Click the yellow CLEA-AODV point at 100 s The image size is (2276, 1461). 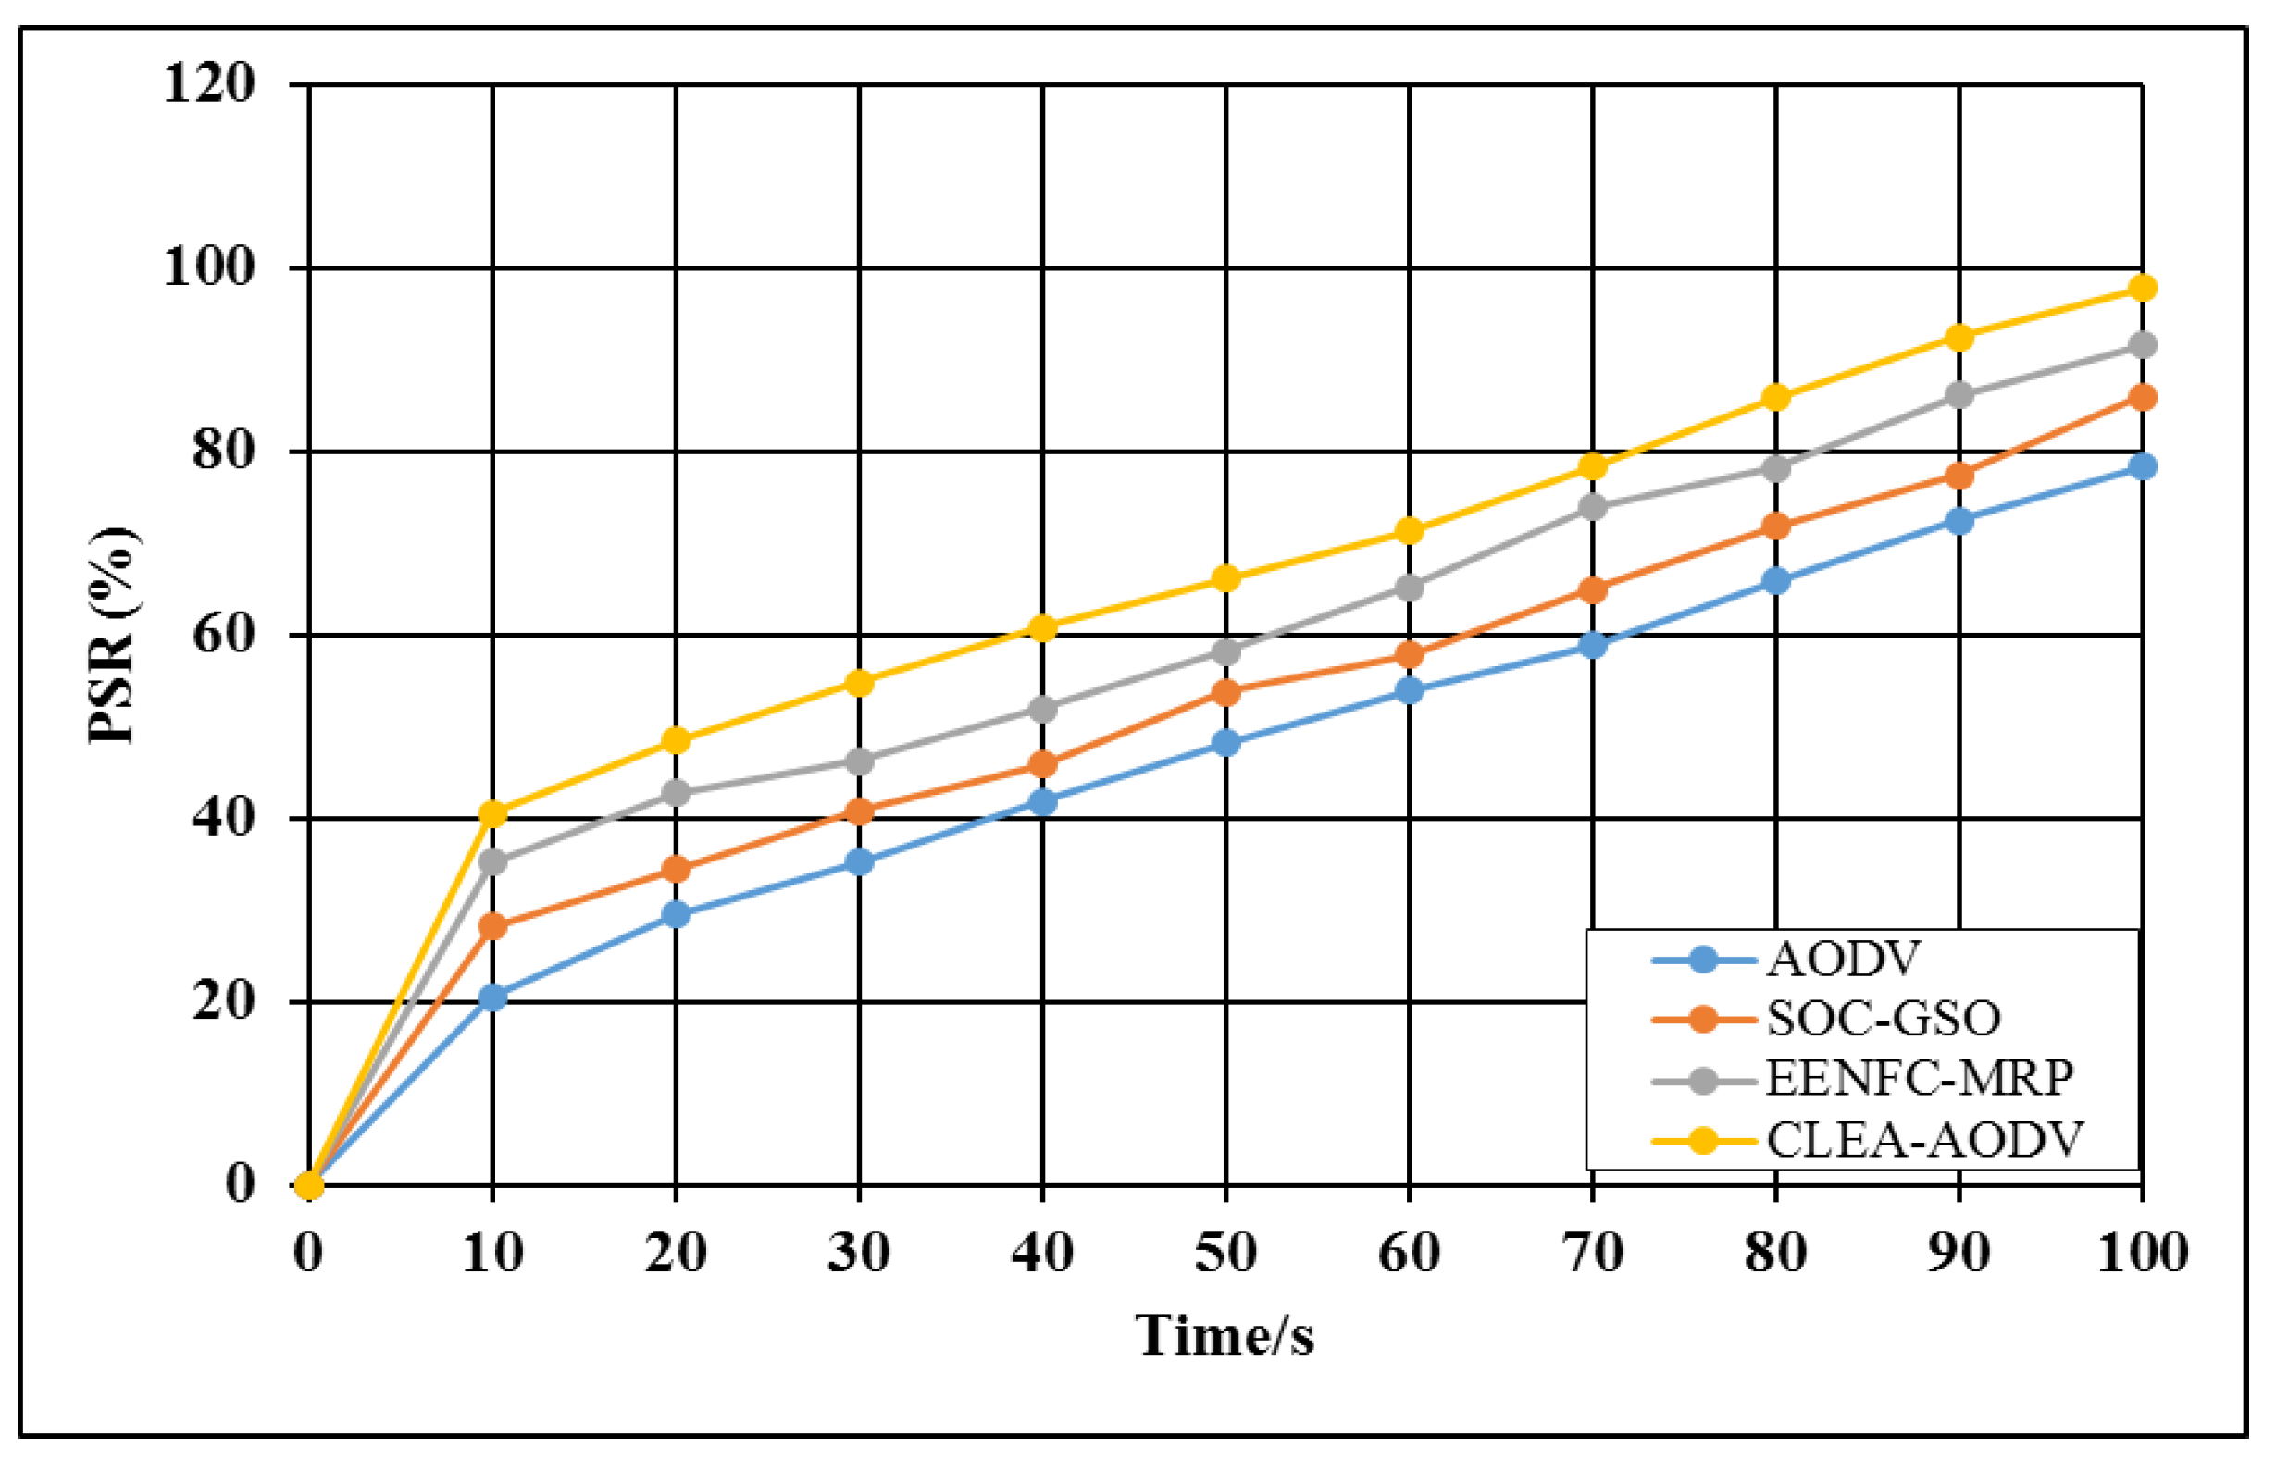tap(2142, 288)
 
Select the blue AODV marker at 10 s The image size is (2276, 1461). tap(492, 997)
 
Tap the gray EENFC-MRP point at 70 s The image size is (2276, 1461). tap(1593, 508)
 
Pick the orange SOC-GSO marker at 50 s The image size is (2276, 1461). tap(1225, 692)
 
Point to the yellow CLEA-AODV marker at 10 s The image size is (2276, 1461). tap(492, 813)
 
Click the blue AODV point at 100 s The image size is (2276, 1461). tap(2142, 465)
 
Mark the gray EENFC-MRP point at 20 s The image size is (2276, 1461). tap(676, 792)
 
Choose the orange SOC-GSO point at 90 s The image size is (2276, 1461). tap(1959, 476)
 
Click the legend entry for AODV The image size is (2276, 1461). tap(1843, 960)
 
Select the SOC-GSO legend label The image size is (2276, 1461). tap(1884, 1019)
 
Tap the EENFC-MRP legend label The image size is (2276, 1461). tap(1919, 1079)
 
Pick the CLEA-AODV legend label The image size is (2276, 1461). tap(1924, 1139)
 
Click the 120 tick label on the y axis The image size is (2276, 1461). tap(210, 83)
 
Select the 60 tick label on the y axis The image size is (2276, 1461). tap(224, 634)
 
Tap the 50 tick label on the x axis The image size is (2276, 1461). tap(1225, 1252)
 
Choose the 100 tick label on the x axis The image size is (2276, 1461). tap(2142, 1252)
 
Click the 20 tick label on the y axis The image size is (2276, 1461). tap(224, 1001)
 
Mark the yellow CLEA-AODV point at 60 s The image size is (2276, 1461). tap(1410, 530)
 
